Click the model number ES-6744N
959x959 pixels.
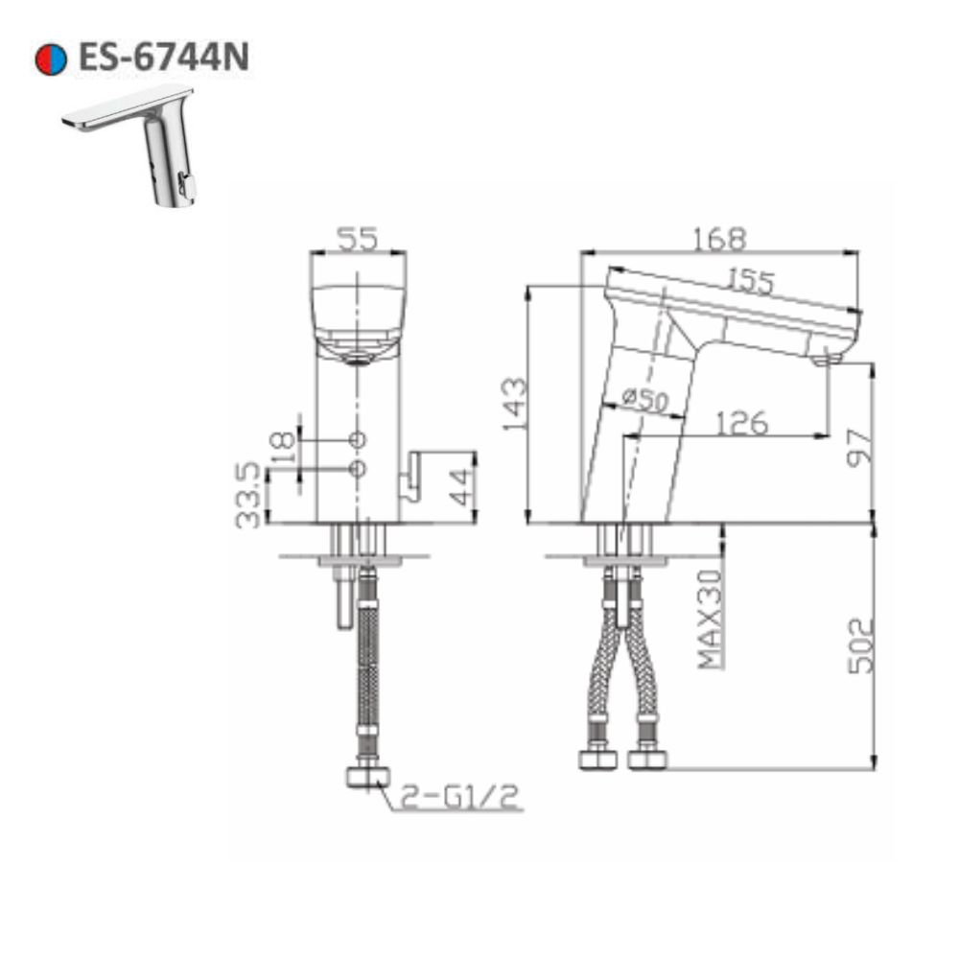coord(163,58)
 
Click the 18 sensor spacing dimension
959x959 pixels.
coord(282,446)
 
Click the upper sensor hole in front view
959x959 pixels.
coord(358,439)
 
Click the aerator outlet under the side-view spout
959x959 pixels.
coord(826,360)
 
